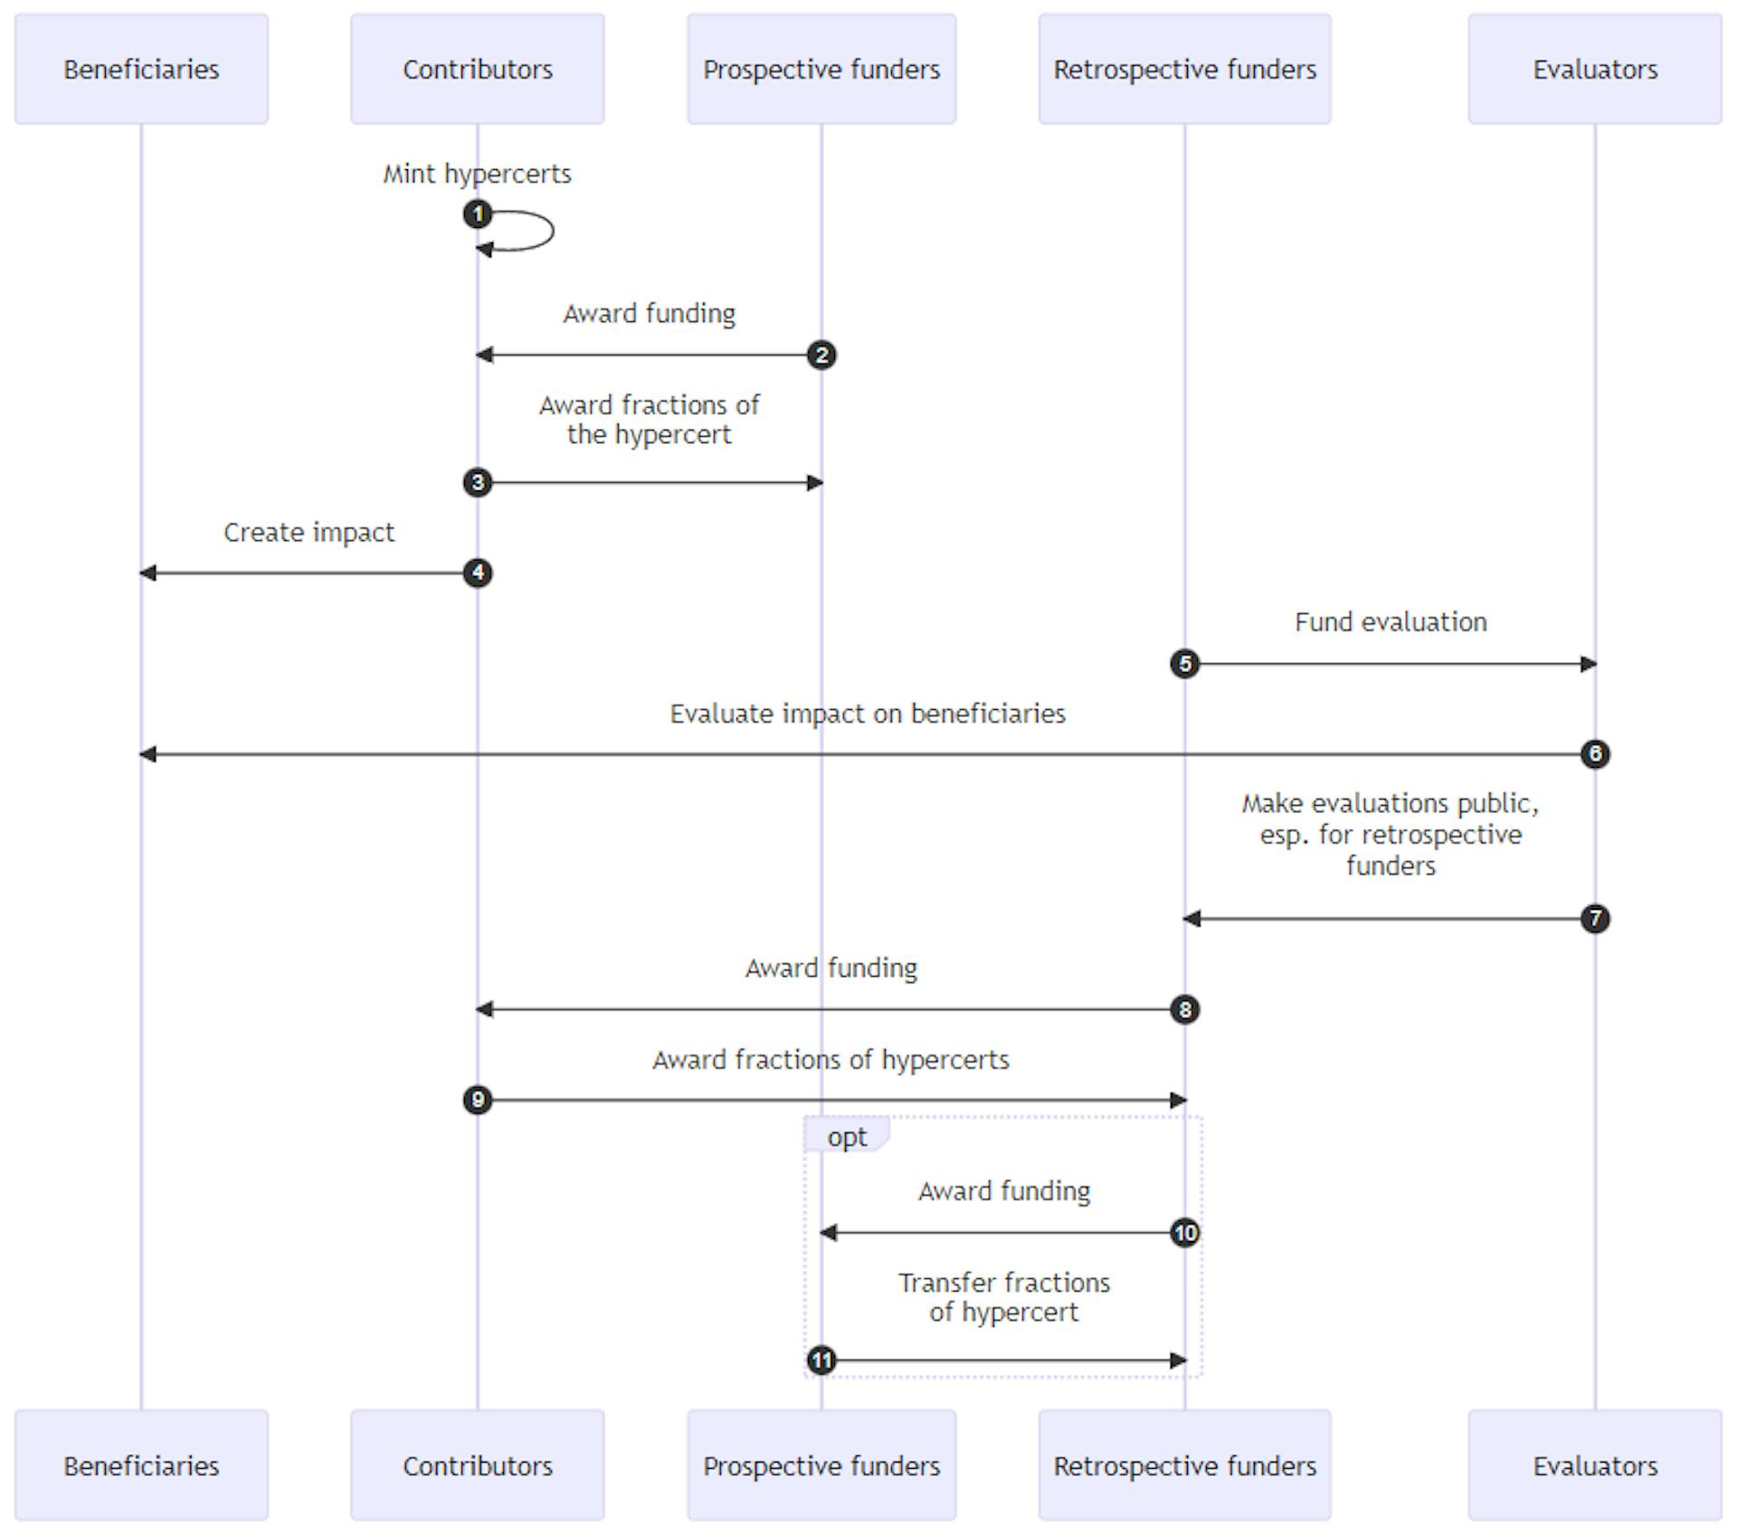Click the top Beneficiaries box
[141, 69]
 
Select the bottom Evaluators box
[1594, 1464]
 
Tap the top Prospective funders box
[821, 69]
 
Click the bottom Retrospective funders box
[1184, 1464]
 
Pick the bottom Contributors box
[477, 1464]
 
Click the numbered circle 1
[478, 214]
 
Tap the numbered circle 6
[1595, 753]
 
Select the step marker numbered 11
[821, 1359]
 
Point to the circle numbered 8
[1185, 1008]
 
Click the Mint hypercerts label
[477, 174]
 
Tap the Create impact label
[308, 532]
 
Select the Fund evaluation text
[1390, 622]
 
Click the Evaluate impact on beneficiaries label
[867, 714]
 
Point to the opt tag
[846, 1136]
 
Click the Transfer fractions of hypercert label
[1003, 1297]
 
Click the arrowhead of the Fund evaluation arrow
[1589, 664]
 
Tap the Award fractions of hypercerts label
[831, 1059]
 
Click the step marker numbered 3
[478, 482]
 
